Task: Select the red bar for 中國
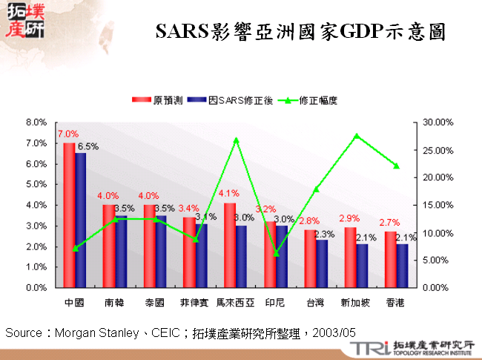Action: (69, 215)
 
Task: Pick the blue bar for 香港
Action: (401, 265)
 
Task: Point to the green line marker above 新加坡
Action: (356, 136)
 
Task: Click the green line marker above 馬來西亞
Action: (236, 140)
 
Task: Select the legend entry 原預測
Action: (156, 99)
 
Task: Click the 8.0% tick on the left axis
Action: (36, 122)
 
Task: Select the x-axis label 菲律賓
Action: (195, 302)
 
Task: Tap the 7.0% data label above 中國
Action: (67, 134)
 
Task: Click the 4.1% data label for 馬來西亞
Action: (229, 194)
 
